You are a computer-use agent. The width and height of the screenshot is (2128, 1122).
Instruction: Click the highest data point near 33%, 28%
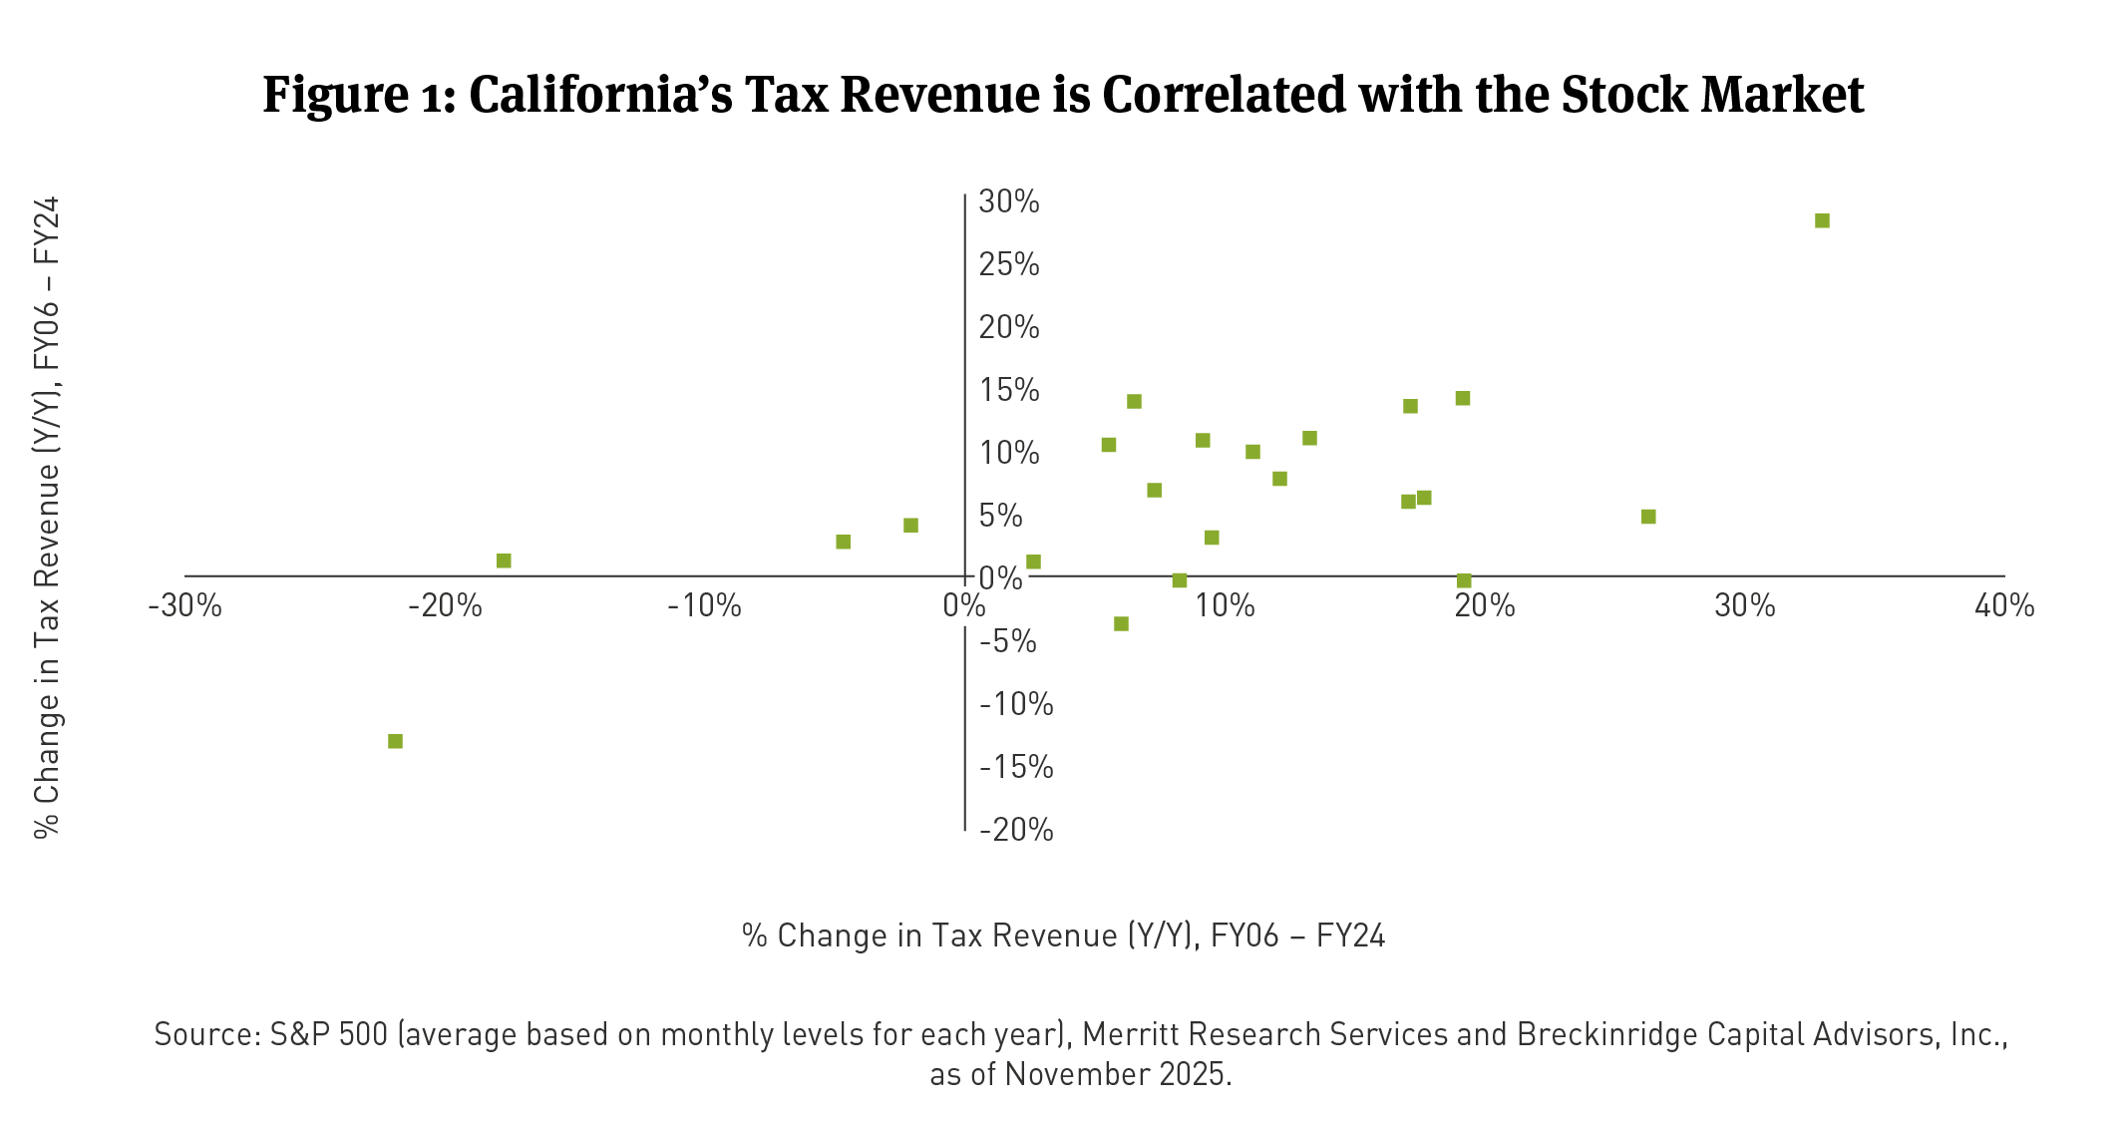pyautogui.click(x=1822, y=220)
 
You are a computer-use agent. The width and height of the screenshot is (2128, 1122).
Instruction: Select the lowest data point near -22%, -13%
pyautogui.click(x=395, y=741)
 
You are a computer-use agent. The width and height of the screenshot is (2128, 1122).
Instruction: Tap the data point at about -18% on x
pyautogui.click(x=504, y=561)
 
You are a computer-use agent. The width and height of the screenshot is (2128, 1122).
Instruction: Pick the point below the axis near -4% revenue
pyautogui.click(x=1121, y=623)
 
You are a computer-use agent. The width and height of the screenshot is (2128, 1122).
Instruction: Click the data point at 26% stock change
pyautogui.click(x=1648, y=517)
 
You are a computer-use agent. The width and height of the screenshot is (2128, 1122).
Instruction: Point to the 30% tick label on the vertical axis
pyautogui.click(x=1008, y=201)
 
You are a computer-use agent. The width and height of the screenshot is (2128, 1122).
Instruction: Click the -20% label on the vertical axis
pyautogui.click(x=1015, y=830)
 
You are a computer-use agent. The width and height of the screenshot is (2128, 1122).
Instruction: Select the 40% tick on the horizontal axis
pyautogui.click(x=2004, y=605)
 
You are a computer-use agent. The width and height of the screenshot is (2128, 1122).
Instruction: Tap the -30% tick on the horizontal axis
pyautogui.click(x=184, y=605)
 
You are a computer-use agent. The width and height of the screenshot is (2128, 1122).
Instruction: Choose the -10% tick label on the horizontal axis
pyautogui.click(x=704, y=605)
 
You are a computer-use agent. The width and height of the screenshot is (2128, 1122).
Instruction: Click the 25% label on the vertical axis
pyautogui.click(x=1008, y=264)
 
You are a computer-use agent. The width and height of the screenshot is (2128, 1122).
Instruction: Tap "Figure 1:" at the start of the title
pyautogui.click(x=359, y=96)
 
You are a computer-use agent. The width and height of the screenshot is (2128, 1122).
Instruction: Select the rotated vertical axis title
pyautogui.click(x=47, y=517)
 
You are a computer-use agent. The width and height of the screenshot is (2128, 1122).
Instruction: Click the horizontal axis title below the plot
pyautogui.click(x=1063, y=935)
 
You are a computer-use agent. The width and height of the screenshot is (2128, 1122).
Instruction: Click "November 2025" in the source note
pyautogui.click(x=1117, y=1074)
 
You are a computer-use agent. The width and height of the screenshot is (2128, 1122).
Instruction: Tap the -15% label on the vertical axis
pyautogui.click(x=1015, y=767)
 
